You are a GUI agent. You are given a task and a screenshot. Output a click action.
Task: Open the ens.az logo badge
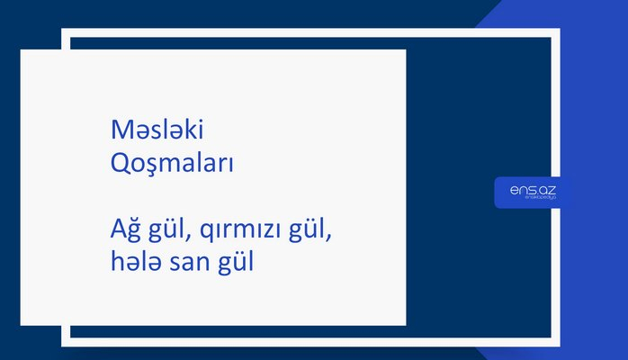(x=532, y=191)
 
